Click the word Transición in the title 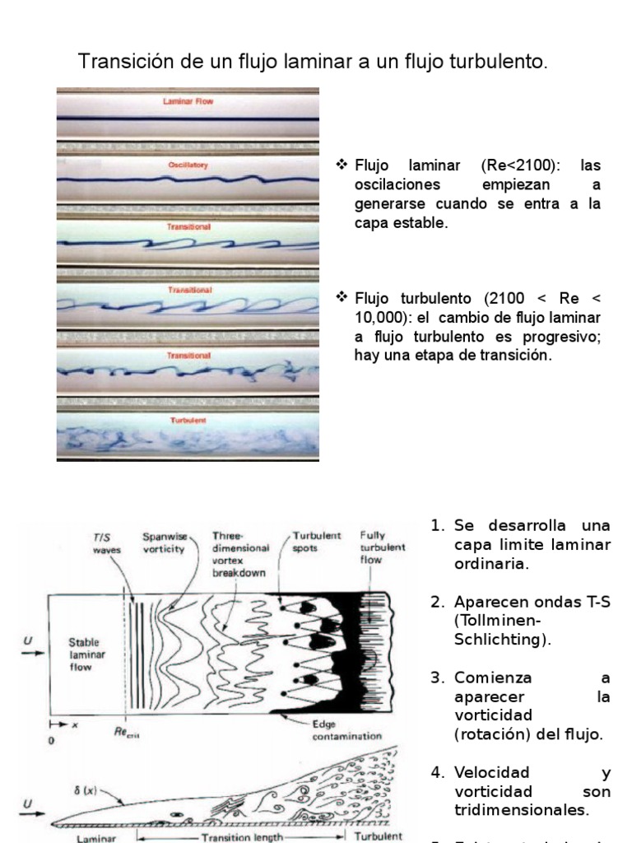117,62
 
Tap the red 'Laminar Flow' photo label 188,102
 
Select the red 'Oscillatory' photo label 188,165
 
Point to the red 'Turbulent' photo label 188,421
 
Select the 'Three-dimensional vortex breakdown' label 239,553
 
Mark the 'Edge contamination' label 346,730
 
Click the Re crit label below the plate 127,730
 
